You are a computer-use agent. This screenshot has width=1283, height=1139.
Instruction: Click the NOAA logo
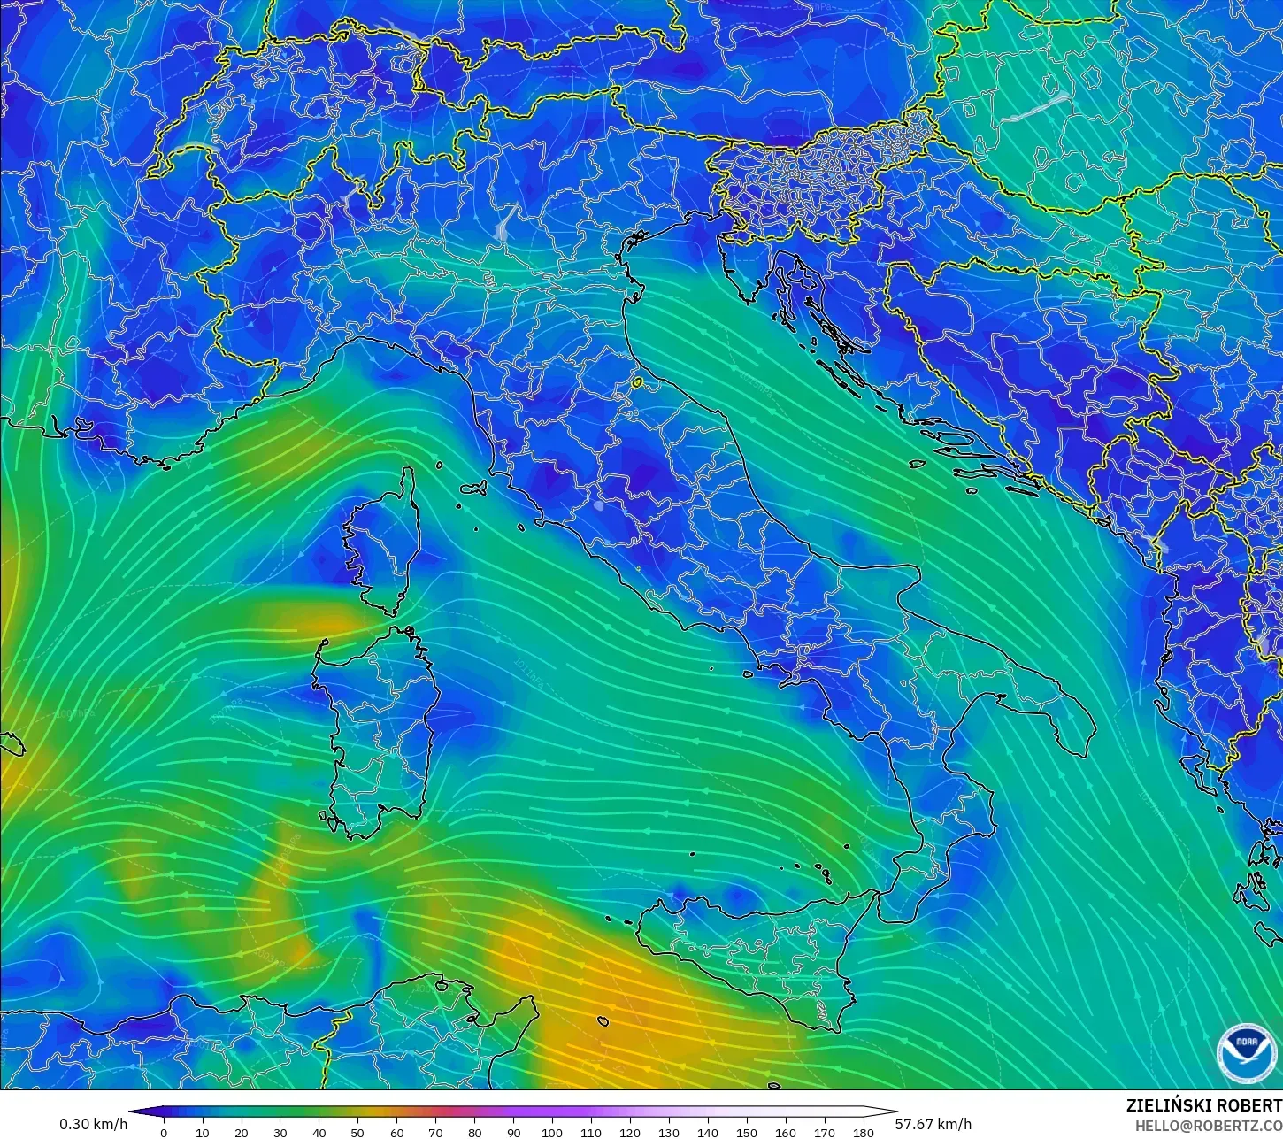[1246, 1052]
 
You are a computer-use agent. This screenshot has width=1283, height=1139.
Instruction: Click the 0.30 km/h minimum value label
[93, 1124]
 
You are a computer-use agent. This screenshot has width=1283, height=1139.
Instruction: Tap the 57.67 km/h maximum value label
[933, 1124]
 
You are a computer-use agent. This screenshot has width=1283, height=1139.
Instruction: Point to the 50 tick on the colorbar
[357, 1132]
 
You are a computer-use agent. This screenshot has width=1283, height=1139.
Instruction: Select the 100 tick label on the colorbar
[552, 1132]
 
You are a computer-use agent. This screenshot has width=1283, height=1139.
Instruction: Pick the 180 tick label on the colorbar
[863, 1132]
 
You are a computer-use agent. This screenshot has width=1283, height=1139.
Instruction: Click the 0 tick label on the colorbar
[164, 1132]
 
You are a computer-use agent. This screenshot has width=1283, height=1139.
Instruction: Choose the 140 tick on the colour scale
[707, 1132]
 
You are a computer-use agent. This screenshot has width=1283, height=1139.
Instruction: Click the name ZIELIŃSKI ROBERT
[1203, 1105]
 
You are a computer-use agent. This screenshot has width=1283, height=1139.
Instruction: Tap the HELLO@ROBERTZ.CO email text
[1209, 1125]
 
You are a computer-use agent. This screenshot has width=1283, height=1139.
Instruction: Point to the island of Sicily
[761, 956]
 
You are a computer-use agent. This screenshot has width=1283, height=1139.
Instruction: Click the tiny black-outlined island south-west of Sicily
[603, 1021]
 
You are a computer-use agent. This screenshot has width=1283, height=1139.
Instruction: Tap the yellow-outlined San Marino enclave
[637, 383]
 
